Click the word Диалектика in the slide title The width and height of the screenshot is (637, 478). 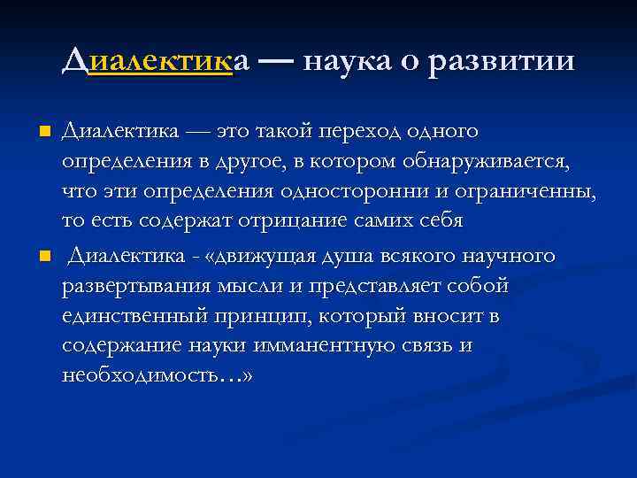pyautogui.click(x=156, y=61)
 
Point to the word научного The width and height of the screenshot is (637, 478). pyautogui.click(x=505, y=256)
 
